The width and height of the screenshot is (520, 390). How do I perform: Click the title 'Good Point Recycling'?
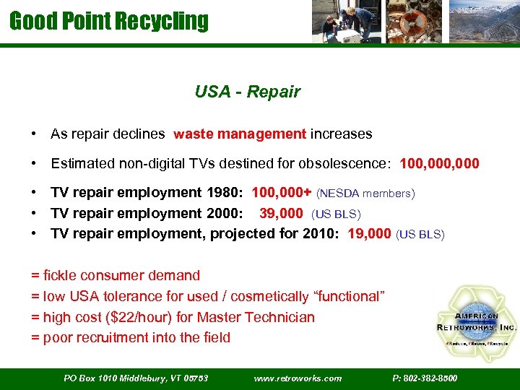[108, 20]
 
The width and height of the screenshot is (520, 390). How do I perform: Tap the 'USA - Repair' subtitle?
[247, 92]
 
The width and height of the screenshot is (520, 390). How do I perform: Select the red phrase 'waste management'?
[240, 134]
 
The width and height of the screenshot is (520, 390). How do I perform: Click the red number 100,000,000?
[438, 163]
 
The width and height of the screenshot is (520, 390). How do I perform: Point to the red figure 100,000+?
[282, 193]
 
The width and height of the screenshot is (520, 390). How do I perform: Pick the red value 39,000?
[281, 213]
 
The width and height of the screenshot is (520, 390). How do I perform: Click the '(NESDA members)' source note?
[365, 194]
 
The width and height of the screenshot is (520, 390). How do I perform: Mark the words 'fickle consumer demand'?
[121, 275]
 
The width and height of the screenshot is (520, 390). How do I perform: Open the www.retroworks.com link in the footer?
[298, 378]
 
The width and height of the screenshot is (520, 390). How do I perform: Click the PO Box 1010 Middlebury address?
[136, 378]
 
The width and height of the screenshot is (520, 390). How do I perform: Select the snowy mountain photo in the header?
[483, 22]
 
